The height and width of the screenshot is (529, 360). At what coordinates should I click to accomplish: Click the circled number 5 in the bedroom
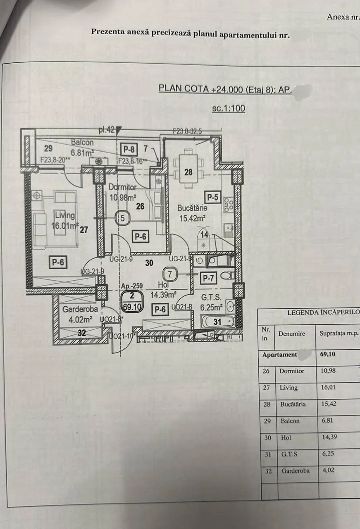[x=122, y=218]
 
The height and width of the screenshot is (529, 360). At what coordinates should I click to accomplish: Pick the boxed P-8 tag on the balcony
[x=129, y=149]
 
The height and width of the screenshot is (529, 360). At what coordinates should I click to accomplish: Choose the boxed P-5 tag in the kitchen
[x=213, y=198]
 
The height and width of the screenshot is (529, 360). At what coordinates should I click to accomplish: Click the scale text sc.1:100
[x=229, y=109]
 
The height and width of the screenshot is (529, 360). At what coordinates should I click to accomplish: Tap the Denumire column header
[x=292, y=333]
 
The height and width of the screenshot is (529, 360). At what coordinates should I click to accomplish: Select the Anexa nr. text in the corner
[x=343, y=17]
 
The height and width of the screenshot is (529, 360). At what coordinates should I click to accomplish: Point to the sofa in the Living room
[x=41, y=221]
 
